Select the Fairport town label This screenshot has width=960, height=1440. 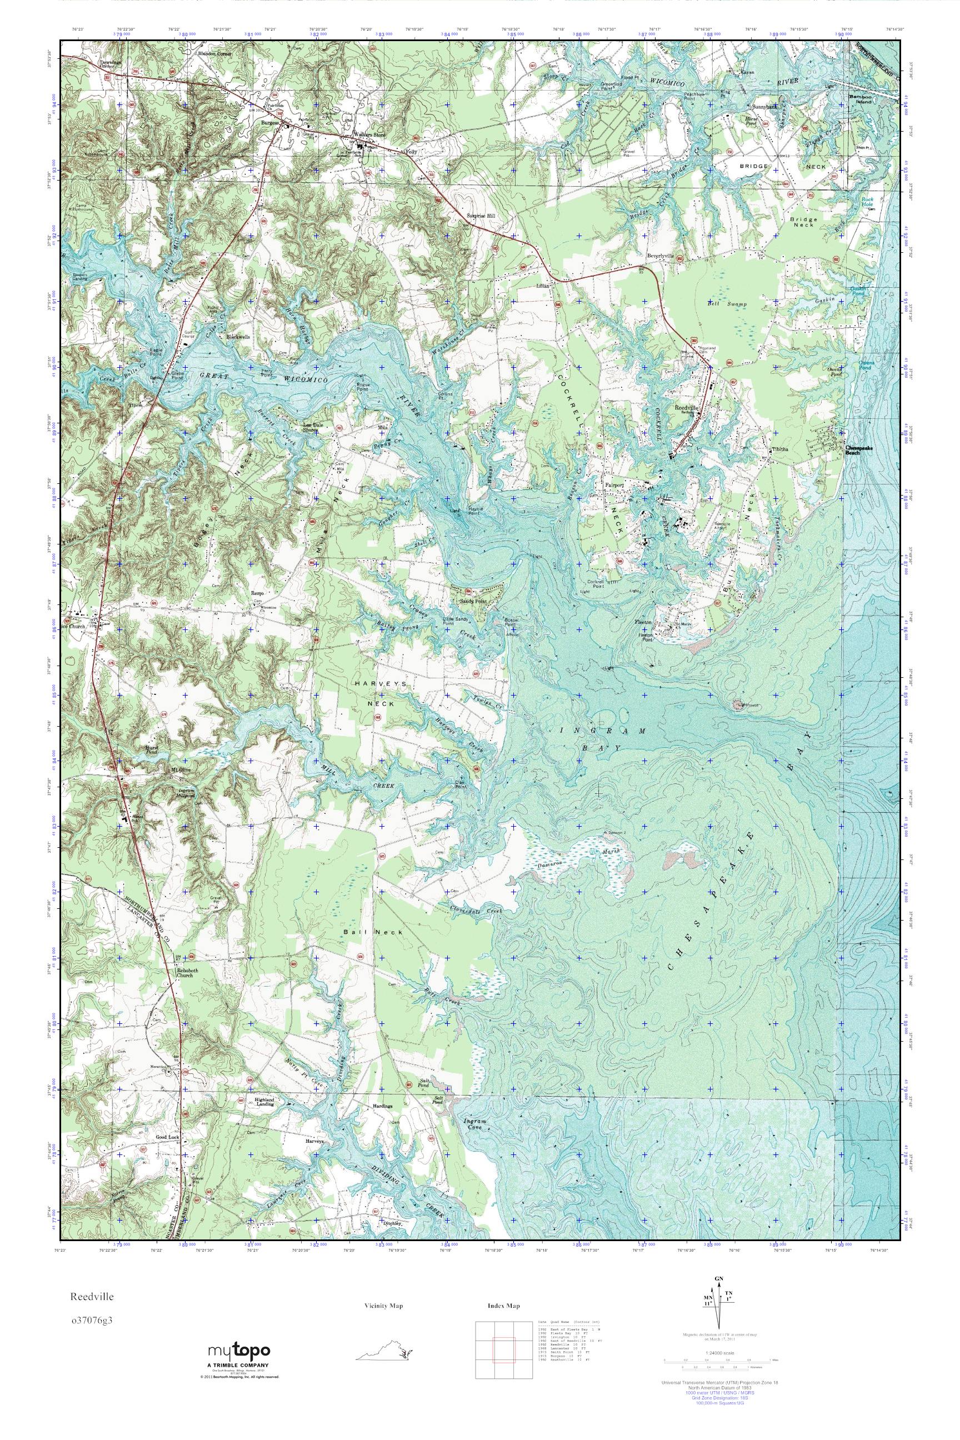pyautogui.click(x=613, y=485)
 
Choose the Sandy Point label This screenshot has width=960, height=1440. pyautogui.click(x=473, y=602)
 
